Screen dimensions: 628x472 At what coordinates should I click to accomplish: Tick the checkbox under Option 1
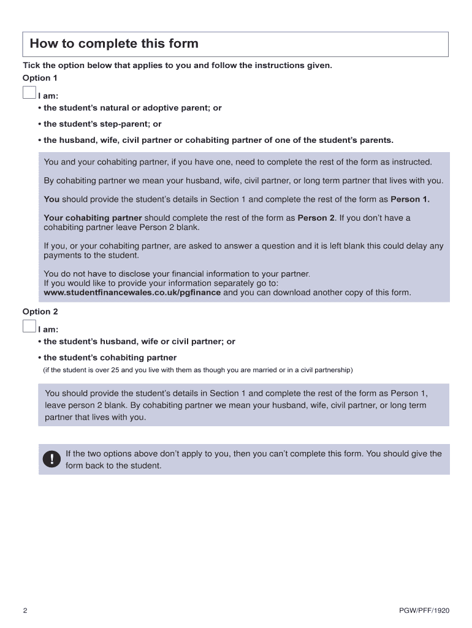(29, 93)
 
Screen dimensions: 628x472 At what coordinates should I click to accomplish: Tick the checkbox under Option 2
(29, 326)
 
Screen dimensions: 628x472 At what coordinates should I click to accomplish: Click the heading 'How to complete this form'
(114, 44)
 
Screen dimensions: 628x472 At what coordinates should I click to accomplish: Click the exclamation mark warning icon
(52, 459)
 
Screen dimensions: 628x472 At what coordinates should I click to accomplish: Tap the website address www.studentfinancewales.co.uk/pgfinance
(132, 293)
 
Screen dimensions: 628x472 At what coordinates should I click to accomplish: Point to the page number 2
(25, 611)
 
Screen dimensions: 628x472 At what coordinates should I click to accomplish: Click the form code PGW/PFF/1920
(424, 611)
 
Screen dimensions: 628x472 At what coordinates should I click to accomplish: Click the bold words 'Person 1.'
(410, 199)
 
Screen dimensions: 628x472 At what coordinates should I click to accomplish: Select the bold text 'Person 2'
(316, 218)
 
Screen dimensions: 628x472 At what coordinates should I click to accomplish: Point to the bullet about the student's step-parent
(102, 124)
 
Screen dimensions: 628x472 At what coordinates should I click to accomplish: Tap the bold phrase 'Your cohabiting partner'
(93, 218)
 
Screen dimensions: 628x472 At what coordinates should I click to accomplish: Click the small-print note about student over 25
(197, 370)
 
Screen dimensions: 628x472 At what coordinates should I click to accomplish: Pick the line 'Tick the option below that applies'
(177, 65)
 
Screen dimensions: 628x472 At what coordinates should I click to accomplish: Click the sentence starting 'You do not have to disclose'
(177, 274)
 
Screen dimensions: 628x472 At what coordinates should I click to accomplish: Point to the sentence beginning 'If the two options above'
(253, 454)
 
